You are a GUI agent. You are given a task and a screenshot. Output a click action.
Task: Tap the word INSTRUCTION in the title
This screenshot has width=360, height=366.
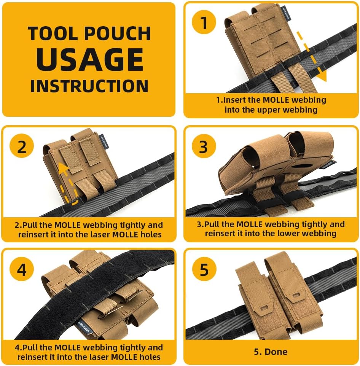[x=89, y=86]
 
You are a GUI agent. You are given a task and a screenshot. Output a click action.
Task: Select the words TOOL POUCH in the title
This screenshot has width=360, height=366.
[x=89, y=33]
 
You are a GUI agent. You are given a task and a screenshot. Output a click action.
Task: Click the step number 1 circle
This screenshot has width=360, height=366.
[x=204, y=23]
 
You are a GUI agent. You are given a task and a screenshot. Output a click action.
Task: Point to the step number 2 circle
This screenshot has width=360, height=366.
[x=22, y=147]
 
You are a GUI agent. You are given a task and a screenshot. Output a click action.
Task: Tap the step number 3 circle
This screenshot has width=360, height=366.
[x=204, y=147]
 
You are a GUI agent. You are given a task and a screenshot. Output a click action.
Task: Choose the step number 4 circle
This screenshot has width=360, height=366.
[x=22, y=270]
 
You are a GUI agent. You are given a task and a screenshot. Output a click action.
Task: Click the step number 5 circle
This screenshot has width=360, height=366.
[x=204, y=270]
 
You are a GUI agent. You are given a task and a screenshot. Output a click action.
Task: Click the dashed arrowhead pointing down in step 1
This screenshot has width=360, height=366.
[x=322, y=77]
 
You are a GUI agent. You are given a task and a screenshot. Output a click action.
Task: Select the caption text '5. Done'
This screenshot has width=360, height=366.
[x=271, y=352]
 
